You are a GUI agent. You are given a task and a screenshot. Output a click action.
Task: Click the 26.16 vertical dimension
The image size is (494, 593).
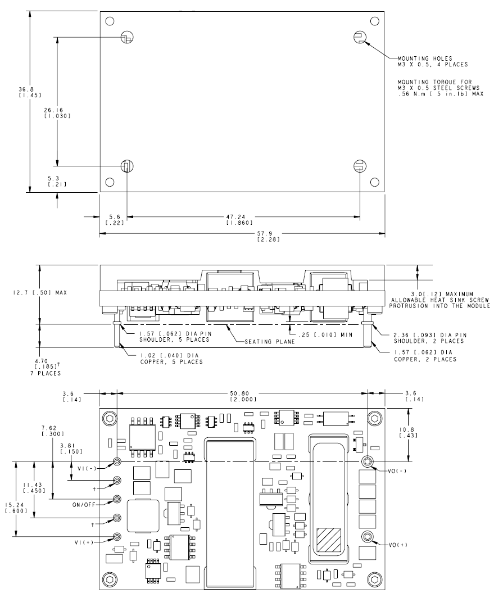click(56, 112)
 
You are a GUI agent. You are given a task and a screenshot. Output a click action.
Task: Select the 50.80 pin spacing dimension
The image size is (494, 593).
click(243, 396)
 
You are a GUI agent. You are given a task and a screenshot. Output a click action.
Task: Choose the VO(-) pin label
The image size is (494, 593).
click(400, 471)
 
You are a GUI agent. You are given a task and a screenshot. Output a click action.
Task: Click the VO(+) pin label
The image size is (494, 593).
click(400, 545)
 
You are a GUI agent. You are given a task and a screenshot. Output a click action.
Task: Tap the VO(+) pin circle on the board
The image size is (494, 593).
click(368, 536)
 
